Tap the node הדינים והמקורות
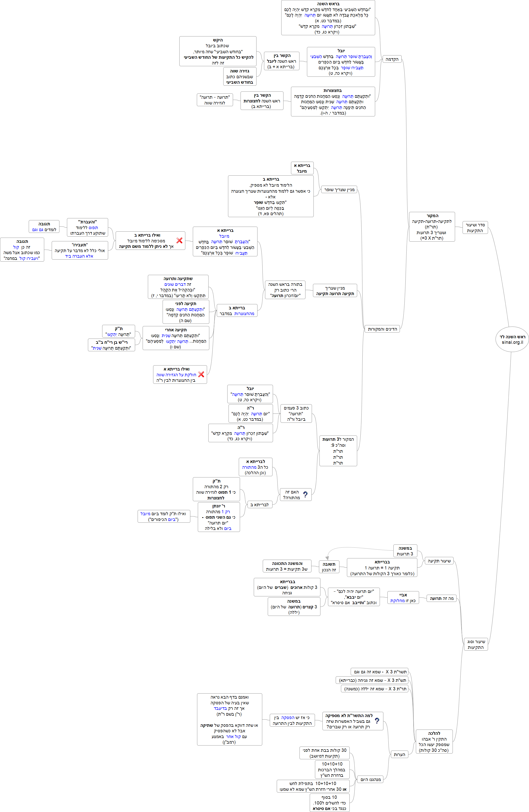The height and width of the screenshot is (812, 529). tap(382, 329)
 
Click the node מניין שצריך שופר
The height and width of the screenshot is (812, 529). tap(339, 190)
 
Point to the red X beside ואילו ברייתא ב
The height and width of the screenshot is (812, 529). tap(179, 241)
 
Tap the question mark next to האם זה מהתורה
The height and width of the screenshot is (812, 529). tap(305, 494)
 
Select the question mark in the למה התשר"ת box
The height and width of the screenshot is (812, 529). tap(377, 721)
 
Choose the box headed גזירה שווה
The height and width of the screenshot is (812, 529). tap(240, 76)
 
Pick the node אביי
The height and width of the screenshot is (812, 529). tap(403, 597)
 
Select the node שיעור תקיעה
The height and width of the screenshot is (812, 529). tap(439, 561)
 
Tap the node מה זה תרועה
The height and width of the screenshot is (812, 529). tap(441, 598)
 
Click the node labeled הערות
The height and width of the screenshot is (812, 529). tap(399, 754)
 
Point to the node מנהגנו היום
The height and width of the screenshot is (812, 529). tap(370, 779)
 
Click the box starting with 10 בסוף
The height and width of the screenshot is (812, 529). tap(329, 803)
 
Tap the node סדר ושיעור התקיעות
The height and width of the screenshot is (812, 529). tap(475, 228)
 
